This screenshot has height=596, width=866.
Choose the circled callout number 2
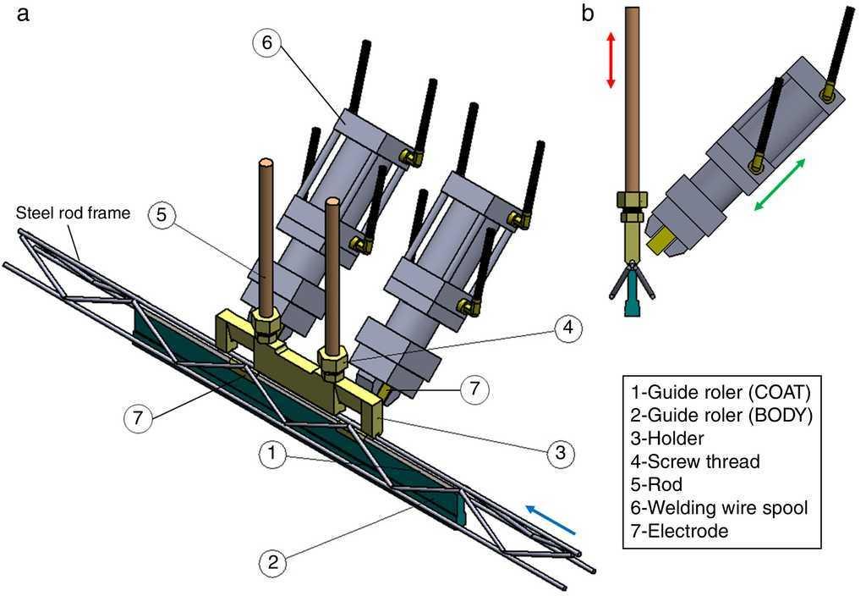point(271,561)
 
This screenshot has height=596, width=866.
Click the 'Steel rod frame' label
point(74,213)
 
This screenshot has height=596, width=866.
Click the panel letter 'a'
point(23,14)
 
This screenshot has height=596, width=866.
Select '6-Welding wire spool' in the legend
point(720,508)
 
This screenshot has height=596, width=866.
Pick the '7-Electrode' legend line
point(679,532)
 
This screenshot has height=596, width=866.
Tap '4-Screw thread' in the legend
point(695,461)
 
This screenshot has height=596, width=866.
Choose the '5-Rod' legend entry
point(661,485)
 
